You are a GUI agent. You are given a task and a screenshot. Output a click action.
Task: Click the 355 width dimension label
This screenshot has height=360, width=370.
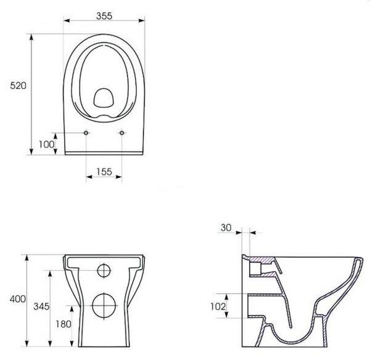click(x=104, y=16)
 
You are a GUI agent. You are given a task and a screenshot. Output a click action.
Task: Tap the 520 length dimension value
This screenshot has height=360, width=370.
click(x=18, y=86)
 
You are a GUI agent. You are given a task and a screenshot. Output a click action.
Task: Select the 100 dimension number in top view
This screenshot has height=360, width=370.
click(x=46, y=144)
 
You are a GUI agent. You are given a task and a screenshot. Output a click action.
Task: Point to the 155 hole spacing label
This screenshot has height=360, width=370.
click(x=104, y=172)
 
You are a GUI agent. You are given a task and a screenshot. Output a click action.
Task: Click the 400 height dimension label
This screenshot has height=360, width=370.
click(x=18, y=299)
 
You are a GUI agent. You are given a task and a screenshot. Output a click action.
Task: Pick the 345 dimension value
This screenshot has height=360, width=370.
click(x=41, y=306)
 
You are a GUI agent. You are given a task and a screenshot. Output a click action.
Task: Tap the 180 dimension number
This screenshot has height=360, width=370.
click(x=64, y=324)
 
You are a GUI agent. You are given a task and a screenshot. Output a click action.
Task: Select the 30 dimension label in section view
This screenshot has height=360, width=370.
click(x=226, y=227)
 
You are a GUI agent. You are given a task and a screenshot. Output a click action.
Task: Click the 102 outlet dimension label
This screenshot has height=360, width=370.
click(x=218, y=306)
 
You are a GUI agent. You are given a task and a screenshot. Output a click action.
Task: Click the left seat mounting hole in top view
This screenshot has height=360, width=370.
click(x=86, y=133)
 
